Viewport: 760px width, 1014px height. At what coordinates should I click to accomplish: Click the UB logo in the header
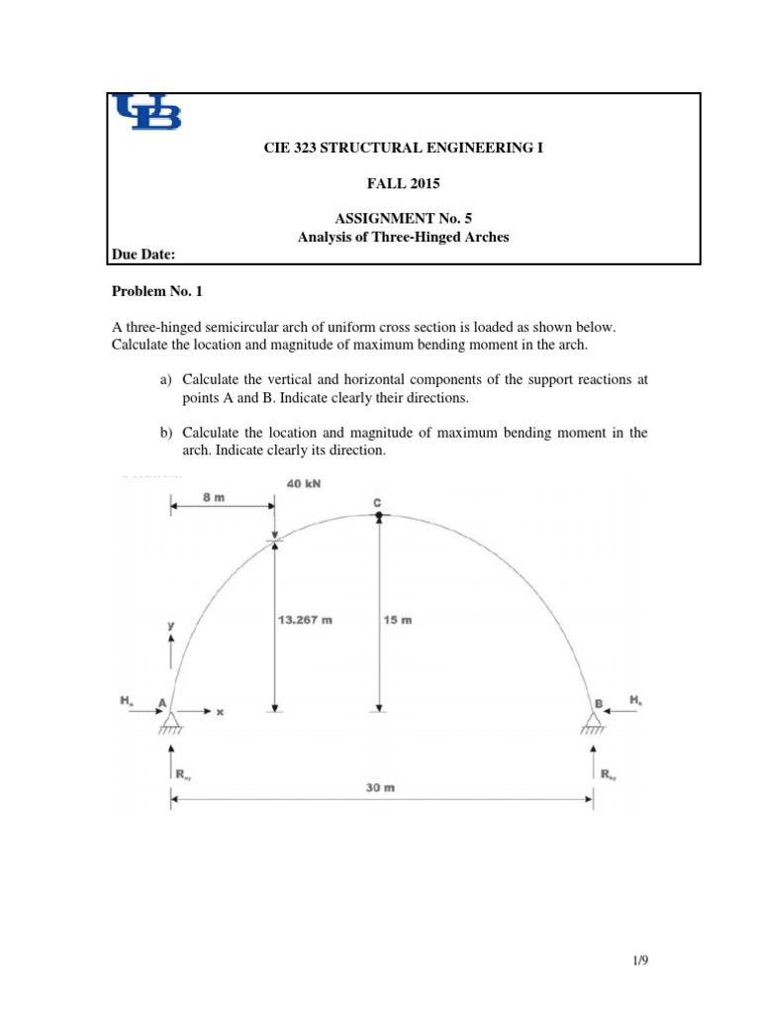(148, 113)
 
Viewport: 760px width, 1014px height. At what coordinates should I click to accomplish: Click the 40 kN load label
(303, 483)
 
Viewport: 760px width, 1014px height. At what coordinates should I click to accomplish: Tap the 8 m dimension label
(213, 498)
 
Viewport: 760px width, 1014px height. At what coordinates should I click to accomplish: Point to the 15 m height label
(397, 621)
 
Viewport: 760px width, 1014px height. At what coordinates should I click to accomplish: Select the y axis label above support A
(171, 625)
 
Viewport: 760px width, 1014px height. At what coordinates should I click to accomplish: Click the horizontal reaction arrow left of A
(139, 711)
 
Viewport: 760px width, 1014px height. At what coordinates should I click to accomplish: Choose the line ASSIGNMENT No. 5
(401, 220)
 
